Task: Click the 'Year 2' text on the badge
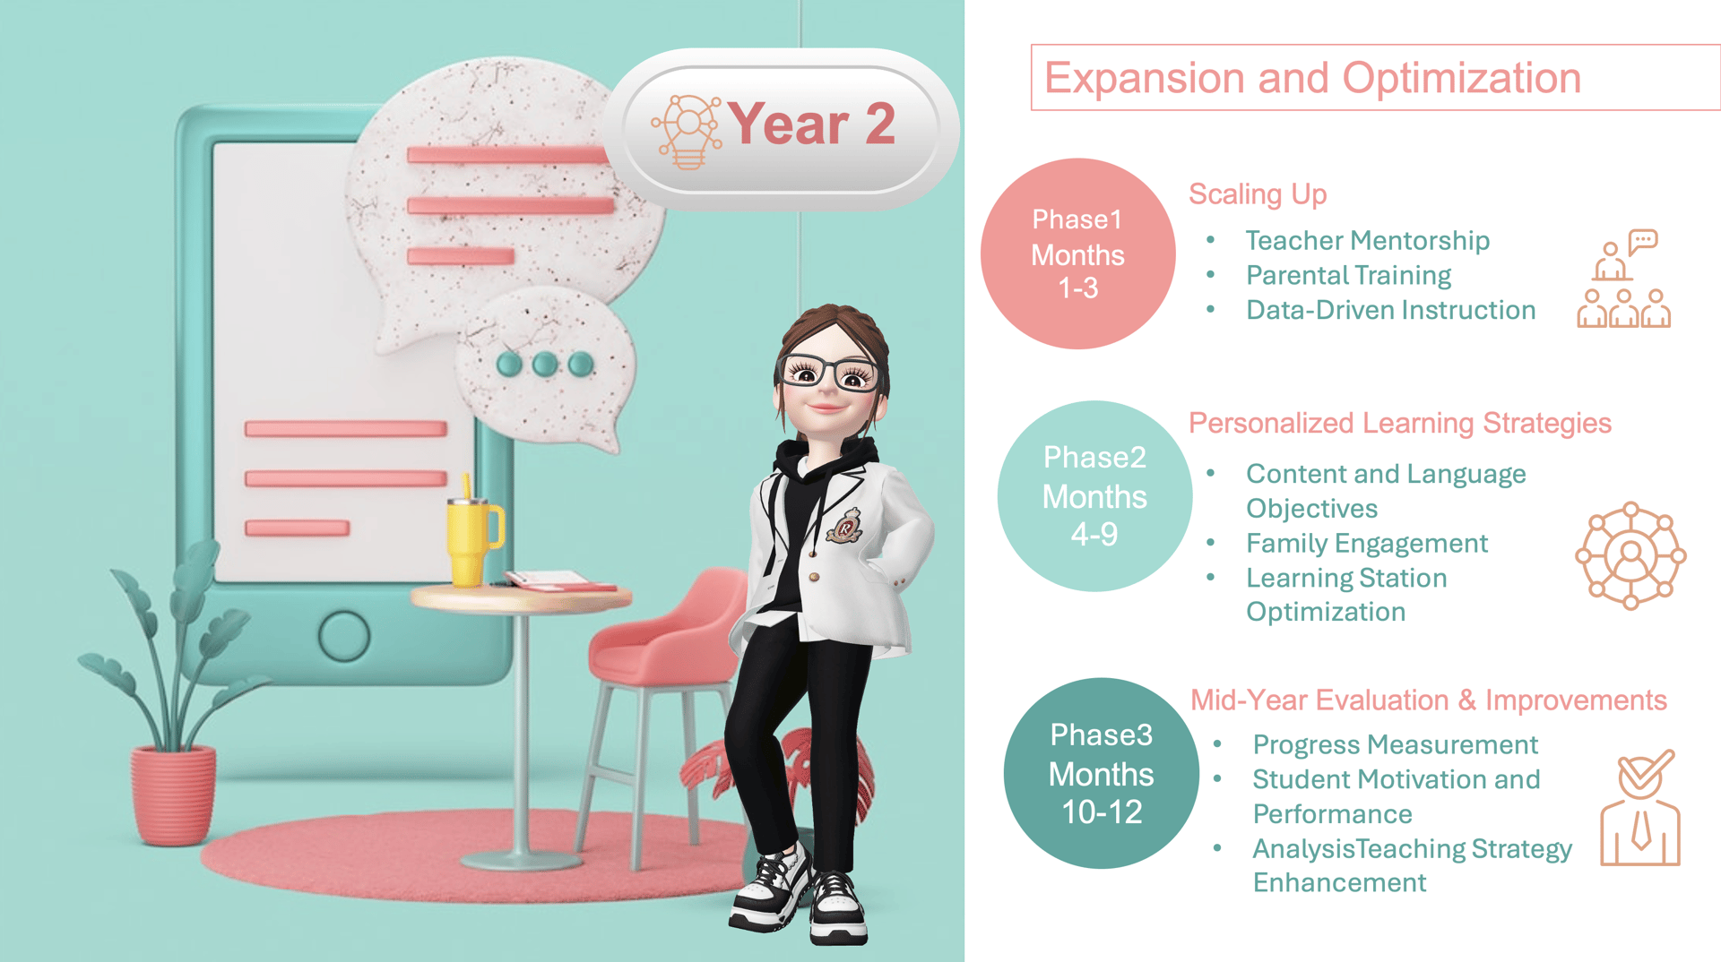click(x=810, y=124)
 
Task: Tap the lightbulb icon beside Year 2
click(x=688, y=131)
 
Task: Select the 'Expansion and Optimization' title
click(x=1312, y=78)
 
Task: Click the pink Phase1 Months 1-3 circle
click(x=1077, y=253)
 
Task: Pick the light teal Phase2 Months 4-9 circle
click(x=1094, y=495)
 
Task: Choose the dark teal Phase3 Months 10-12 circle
click(x=1102, y=773)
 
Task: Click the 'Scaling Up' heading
click(x=1258, y=194)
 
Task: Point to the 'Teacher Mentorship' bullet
click(x=1367, y=240)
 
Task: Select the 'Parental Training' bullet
click(x=1348, y=275)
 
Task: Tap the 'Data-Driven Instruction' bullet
click(x=1390, y=310)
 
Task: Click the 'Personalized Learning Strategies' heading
click(x=1400, y=423)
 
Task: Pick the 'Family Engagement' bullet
click(x=1367, y=543)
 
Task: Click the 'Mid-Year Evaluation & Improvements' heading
click(x=1428, y=700)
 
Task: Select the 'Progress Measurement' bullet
click(x=1395, y=744)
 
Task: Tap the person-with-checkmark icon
click(x=1640, y=807)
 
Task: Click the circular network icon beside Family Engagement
click(x=1630, y=555)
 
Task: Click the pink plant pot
click(x=173, y=795)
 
